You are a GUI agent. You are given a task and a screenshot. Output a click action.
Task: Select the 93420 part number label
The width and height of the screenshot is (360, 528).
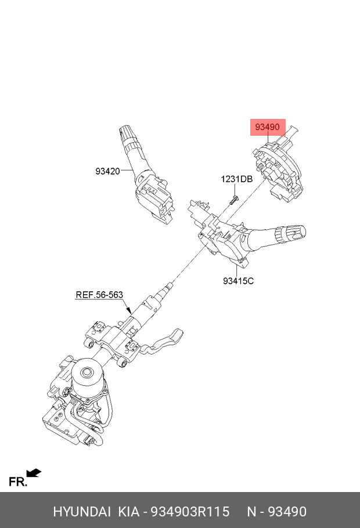pos(107,171)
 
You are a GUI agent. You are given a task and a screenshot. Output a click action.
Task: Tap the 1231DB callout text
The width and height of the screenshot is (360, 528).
pos(236,179)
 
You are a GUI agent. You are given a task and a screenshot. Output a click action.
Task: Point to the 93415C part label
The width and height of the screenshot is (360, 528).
pos(238,281)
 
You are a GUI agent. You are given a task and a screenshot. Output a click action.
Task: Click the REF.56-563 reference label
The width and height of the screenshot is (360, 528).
pos(99,295)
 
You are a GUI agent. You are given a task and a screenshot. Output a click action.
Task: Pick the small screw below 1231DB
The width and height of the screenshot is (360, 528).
pos(232,200)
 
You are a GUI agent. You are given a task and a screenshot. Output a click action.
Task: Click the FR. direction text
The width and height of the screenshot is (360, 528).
pos(17,482)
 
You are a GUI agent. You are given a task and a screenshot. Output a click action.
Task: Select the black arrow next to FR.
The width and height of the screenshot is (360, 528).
pos(34,473)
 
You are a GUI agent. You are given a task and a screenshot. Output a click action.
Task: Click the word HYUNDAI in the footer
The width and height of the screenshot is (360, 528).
pos(82,512)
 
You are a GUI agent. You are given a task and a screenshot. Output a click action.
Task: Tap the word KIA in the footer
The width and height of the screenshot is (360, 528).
pos(129,512)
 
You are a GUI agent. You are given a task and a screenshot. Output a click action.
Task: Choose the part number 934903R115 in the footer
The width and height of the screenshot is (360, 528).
pos(190,512)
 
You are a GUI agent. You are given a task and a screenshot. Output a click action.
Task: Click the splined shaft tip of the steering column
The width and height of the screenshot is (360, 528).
pos(169,285)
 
